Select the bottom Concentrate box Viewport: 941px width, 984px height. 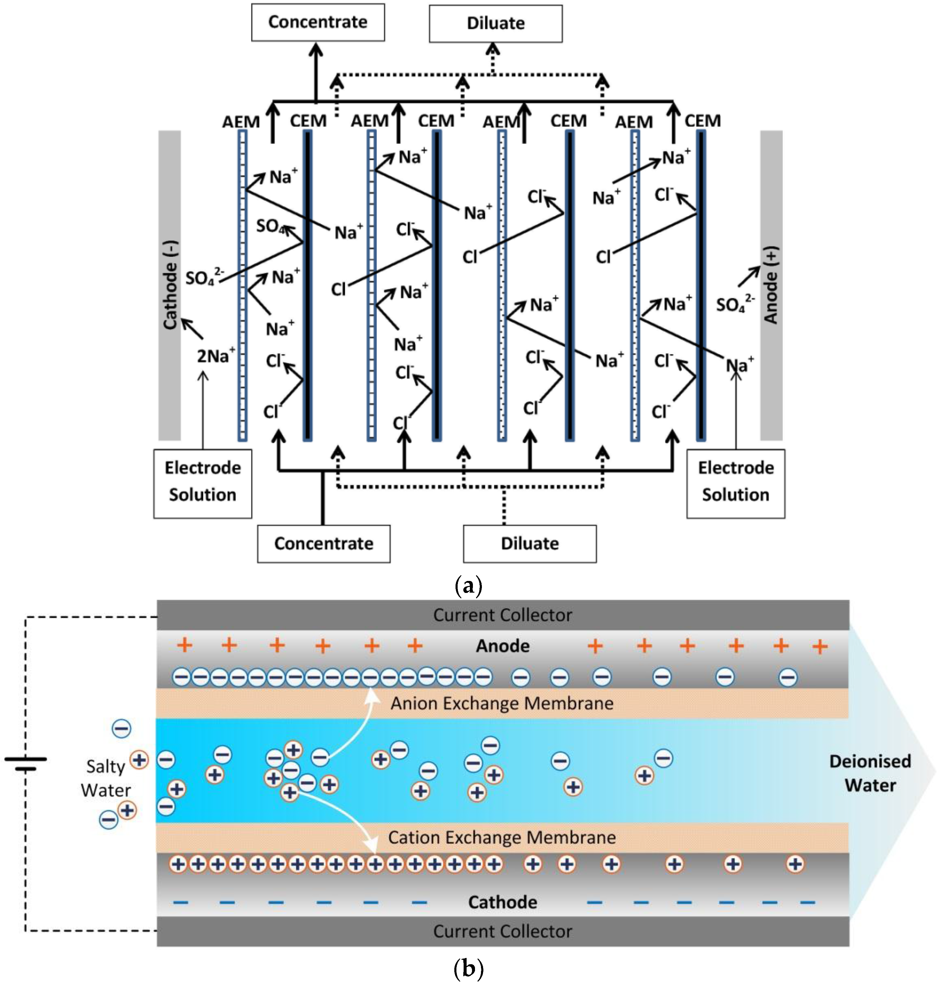323,544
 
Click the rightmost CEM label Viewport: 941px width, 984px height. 702,121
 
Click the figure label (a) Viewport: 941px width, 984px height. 468,585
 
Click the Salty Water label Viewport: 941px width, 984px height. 105,778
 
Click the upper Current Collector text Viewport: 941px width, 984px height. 502,615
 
